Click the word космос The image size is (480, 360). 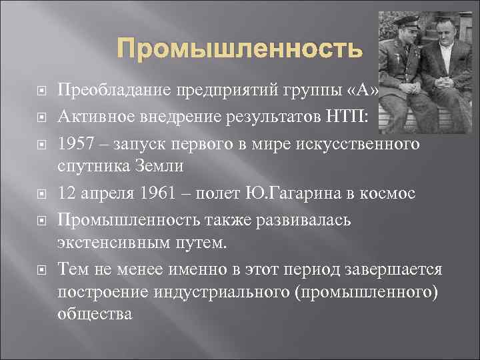click(x=392, y=193)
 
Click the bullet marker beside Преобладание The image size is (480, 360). click(x=41, y=90)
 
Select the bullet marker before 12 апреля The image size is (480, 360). click(x=41, y=194)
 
